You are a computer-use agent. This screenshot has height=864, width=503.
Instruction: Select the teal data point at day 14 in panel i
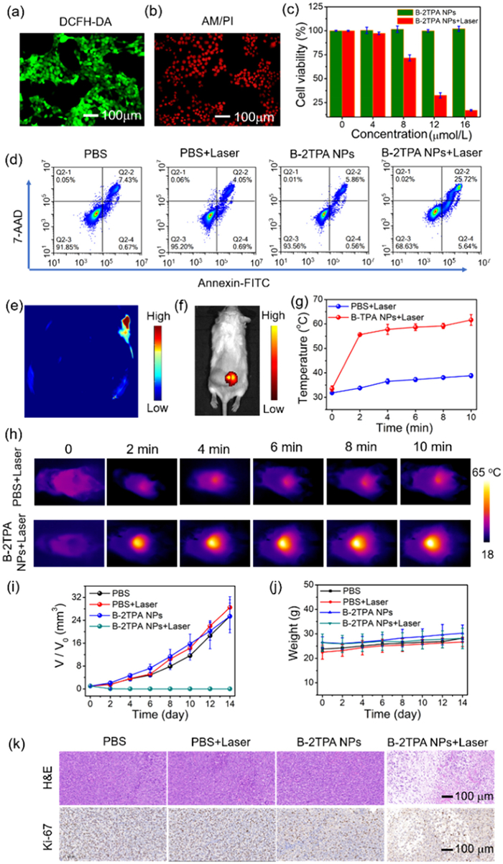pos(229,688)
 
